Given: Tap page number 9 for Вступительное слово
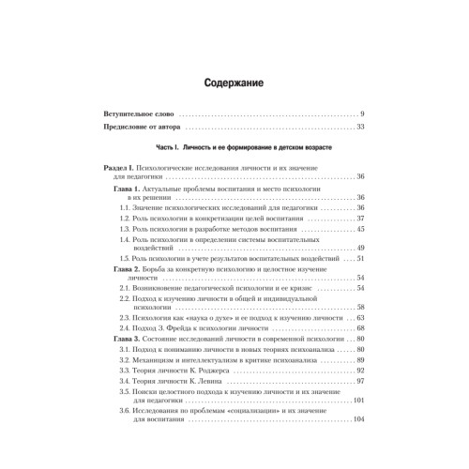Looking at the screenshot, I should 361,113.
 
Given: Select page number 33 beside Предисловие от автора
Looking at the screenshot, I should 359,127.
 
